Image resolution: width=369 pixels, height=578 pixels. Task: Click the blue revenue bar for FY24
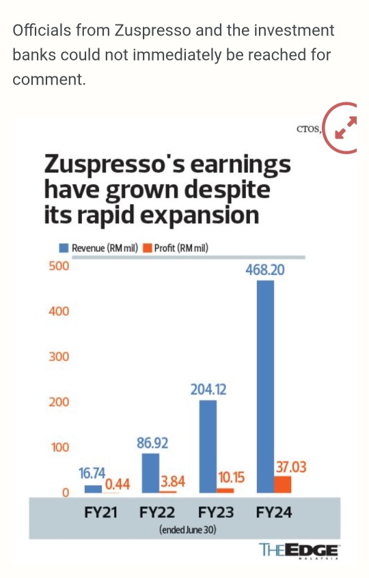265,386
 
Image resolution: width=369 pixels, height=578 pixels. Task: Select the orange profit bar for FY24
283,485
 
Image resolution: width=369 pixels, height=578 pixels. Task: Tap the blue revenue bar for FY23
208,446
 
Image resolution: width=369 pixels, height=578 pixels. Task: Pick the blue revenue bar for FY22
150,473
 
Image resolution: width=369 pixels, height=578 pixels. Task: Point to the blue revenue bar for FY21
93,489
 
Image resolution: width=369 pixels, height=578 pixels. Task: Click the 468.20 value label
265,270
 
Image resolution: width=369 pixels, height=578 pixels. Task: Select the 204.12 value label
208,389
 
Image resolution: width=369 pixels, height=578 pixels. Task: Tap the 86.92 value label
152,443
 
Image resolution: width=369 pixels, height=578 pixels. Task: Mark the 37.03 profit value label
291,467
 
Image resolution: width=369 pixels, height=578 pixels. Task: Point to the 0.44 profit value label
118,484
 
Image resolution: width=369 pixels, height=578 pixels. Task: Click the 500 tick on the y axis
59,265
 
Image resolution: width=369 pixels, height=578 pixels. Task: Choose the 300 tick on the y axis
59,356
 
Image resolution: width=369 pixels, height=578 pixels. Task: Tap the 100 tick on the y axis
60,447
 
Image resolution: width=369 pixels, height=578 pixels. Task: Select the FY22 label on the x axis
157,512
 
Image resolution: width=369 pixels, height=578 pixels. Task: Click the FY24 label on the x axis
274,512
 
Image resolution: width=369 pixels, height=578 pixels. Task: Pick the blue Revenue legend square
64,248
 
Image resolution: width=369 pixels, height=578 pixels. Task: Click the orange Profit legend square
148,248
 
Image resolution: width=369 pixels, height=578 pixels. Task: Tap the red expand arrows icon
345,128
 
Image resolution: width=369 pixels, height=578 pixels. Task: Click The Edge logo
299,551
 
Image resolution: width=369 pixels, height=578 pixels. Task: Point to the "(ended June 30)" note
187,530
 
